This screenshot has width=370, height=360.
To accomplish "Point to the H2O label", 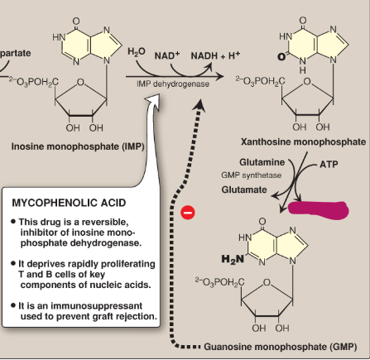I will click(x=137, y=51).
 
